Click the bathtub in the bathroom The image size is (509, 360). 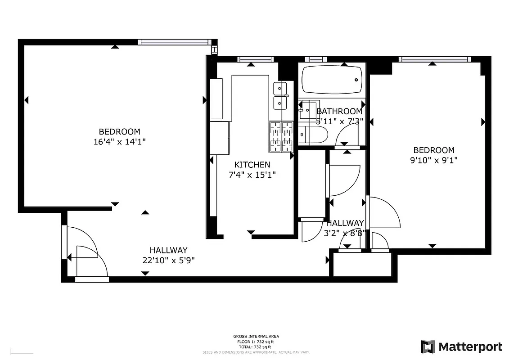pos(332,80)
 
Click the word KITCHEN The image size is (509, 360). pos(252,165)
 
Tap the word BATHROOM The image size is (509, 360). pos(339,111)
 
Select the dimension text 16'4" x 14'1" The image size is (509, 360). pos(119,141)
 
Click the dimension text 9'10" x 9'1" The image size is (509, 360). pos(434,160)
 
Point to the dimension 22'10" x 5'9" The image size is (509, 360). pos(168,260)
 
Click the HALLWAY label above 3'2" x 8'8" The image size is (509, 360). pos(345,223)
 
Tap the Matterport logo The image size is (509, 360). pos(461,346)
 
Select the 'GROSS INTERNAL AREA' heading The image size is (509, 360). pos(256,336)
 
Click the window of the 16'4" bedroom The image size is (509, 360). pos(175,42)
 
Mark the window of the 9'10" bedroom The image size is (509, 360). pos(434,59)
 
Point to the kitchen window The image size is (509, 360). pos(255,59)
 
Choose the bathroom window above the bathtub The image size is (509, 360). pos(316,59)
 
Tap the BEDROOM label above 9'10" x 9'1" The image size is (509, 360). pos(434,150)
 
